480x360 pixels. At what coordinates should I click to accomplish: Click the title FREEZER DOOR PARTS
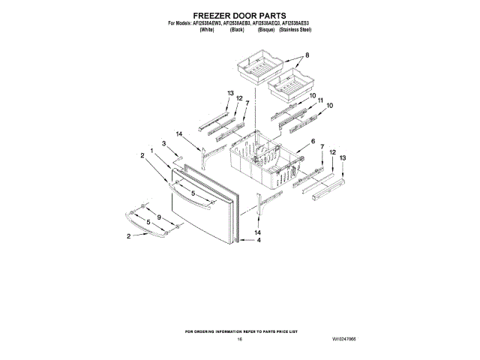(240, 14)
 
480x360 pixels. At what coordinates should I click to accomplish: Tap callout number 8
(306, 55)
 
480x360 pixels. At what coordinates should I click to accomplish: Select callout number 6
(312, 141)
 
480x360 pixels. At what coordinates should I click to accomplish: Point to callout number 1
(152, 151)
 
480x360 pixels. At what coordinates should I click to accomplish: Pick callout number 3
(163, 143)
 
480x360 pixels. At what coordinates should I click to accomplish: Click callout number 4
(259, 241)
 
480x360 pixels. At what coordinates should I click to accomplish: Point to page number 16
(240, 339)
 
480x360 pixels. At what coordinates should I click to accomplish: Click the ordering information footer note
(240, 331)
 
